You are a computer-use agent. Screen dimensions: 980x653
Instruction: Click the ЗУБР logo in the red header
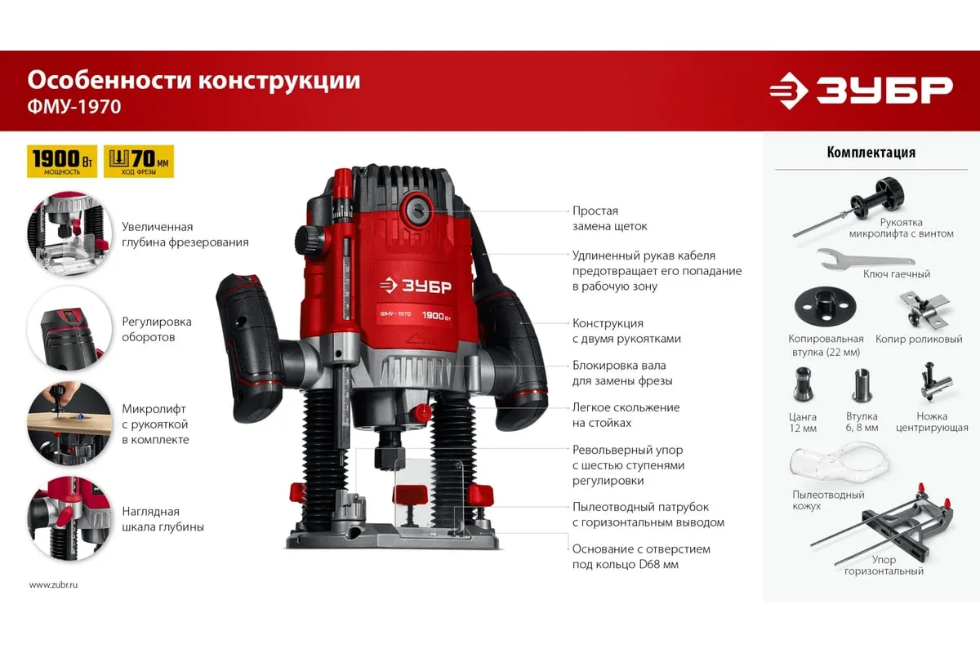(861, 91)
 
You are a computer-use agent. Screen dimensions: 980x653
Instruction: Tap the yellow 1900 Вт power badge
(62, 162)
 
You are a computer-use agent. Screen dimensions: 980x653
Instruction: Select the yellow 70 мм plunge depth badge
(139, 162)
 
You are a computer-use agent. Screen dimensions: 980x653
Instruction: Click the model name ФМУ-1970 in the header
(74, 107)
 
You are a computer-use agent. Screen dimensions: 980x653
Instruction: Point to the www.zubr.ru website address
(53, 584)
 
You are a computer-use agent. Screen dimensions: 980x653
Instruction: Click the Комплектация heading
(871, 152)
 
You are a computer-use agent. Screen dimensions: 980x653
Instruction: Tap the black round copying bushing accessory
(825, 307)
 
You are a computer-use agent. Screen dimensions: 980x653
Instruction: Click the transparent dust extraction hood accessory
(840, 464)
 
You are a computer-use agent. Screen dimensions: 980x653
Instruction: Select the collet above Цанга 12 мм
(803, 384)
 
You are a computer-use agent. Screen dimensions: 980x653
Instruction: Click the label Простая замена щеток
(609, 219)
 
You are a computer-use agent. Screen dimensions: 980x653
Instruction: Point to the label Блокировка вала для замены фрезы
(622, 373)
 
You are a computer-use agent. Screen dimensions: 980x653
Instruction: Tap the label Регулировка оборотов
(157, 329)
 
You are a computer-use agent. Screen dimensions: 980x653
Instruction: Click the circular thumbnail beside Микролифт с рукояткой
(69, 424)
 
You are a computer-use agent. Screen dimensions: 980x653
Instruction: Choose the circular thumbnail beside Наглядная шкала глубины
(69, 518)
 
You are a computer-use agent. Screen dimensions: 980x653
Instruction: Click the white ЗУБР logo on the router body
(415, 286)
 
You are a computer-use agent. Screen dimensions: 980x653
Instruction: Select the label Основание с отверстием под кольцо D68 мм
(641, 557)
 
